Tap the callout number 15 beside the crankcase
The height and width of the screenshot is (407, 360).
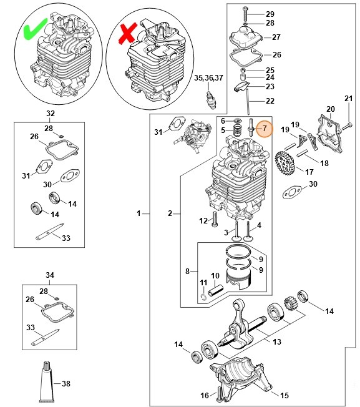click(x=285, y=395)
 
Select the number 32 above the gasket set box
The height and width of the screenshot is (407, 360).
click(x=51, y=114)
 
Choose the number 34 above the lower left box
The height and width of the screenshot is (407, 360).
click(x=51, y=275)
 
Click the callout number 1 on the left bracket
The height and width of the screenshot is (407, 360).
click(x=139, y=213)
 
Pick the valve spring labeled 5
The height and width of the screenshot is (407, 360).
click(x=236, y=130)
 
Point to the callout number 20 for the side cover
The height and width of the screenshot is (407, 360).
click(x=330, y=109)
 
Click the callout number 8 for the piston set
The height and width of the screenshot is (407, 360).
click(x=187, y=271)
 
